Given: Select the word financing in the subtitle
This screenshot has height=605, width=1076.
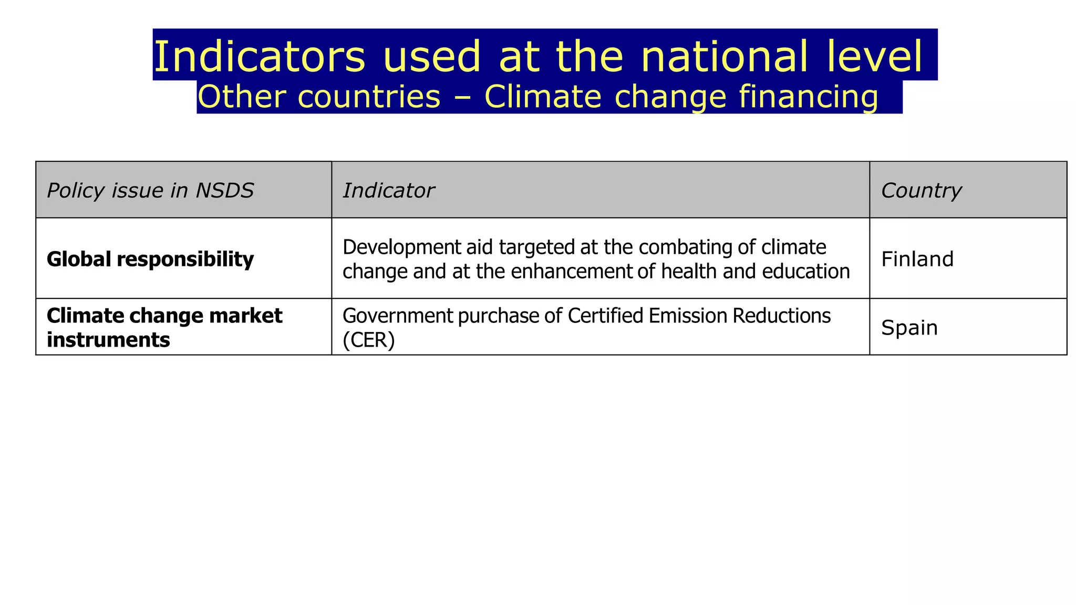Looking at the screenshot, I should coord(809,97).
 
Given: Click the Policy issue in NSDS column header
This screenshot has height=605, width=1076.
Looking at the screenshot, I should coord(150,190).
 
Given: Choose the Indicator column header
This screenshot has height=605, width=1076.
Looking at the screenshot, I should coord(388,190).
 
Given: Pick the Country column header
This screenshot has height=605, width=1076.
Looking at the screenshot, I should coord(921,190).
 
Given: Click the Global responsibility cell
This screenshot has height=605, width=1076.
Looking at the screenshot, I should coord(150,259).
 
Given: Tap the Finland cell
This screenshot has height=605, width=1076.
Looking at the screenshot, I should coord(917,259).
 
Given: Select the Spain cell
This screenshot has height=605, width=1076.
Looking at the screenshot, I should coord(909,327).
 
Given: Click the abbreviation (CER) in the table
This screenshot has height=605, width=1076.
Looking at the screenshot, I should coord(368,340).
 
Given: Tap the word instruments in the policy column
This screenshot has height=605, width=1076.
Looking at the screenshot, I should coord(108,340).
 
